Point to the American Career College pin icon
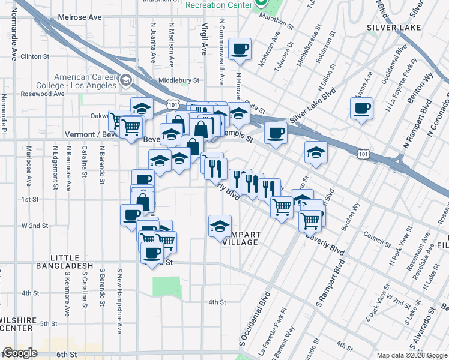click(125, 80)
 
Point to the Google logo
click(19, 353)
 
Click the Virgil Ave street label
click(204, 39)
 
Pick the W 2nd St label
click(35, 226)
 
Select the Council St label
click(377, 241)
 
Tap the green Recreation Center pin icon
click(261, 4)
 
